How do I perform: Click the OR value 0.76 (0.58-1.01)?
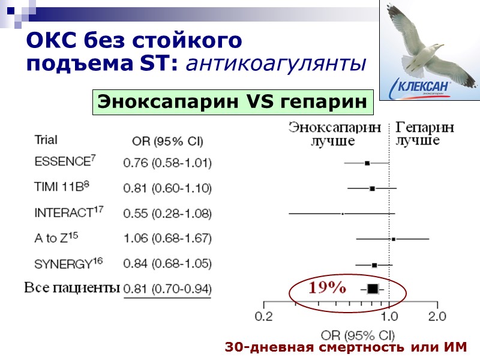(167, 163)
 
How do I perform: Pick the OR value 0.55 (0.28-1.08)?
(167, 213)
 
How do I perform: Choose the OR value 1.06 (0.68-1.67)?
(167, 238)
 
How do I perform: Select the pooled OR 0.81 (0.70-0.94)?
(167, 289)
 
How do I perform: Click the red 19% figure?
(327, 287)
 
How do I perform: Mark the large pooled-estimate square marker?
(373, 289)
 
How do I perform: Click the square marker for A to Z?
(393, 239)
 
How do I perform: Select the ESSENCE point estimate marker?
(367, 163)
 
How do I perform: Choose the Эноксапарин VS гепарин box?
(232, 102)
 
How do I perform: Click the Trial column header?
(46, 140)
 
